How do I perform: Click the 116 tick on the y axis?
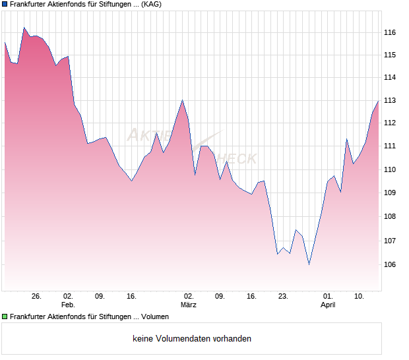pyautogui.click(x=390, y=32)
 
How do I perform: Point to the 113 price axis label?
pyautogui.click(x=390, y=100)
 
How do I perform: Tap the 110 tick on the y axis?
pyautogui.click(x=390, y=169)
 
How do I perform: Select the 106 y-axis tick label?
pyautogui.click(x=390, y=264)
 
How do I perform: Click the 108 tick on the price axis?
pyautogui.click(x=390, y=217)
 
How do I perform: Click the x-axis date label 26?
pyautogui.click(x=36, y=296)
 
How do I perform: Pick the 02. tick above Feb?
pyautogui.click(x=68, y=296)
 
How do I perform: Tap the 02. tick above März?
pyautogui.click(x=189, y=296)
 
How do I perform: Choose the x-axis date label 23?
pyautogui.click(x=283, y=296)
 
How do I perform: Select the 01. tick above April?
pyautogui.click(x=328, y=296)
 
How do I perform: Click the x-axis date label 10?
pyautogui.click(x=359, y=296)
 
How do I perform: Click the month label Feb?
pyautogui.click(x=68, y=305)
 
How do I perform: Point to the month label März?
pyautogui.click(x=189, y=305)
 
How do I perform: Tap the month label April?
pyautogui.click(x=328, y=305)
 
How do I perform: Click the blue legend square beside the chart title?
pyautogui.click(x=5, y=5)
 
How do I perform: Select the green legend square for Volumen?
pyautogui.click(x=5, y=317)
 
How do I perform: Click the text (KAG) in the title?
pyautogui.click(x=152, y=5)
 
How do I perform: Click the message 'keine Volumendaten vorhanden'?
pyautogui.click(x=191, y=339)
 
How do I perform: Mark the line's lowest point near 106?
pyautogui.click(x=309, y=264)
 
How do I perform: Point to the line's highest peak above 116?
pyautogui.click(x=24, y=28)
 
